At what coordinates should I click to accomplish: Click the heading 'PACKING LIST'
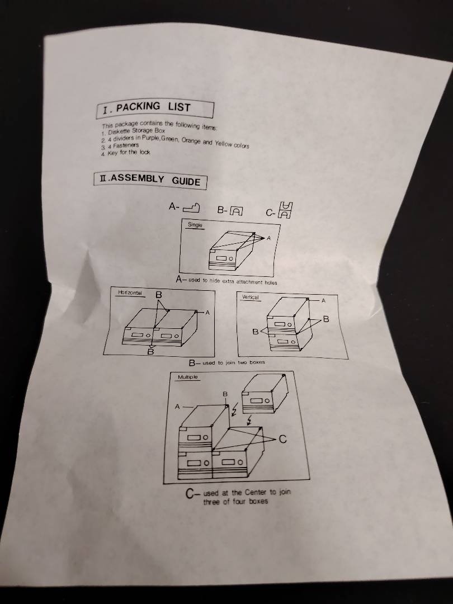click(153, 107)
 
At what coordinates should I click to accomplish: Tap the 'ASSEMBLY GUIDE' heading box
click(150, 180)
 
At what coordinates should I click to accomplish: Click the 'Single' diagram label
click(195, 225)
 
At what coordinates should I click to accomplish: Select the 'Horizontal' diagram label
click(130, 292)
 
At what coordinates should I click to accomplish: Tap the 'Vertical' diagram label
click(250, 297)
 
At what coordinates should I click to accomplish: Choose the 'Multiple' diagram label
click(188, 377)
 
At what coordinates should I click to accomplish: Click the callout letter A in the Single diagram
click(268, 238)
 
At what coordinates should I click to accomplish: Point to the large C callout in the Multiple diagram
click(283, 439)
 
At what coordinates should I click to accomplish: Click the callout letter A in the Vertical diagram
click(323, 300)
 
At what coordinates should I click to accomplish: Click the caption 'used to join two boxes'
click(234, 362)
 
